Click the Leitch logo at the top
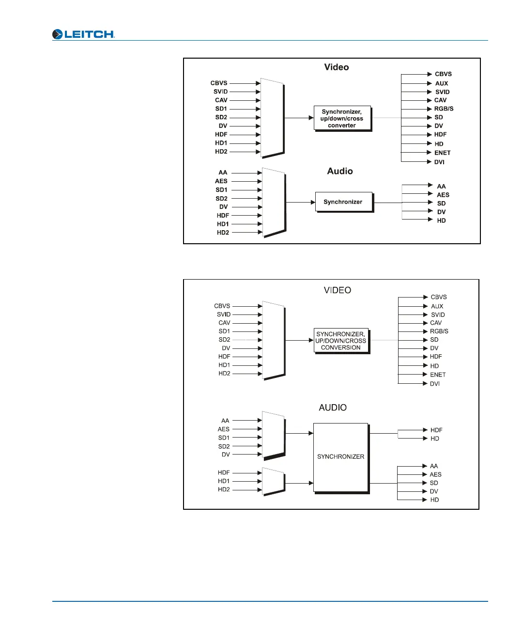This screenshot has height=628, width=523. point(83,34)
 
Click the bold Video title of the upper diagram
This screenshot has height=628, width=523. point(337,67)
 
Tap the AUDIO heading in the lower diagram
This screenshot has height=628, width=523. point(333,408)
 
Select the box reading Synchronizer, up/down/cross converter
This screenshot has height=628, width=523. point(342,118)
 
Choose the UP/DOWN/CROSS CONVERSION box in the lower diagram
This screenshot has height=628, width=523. point(341,341)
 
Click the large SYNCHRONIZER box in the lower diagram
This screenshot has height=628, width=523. point(341,457)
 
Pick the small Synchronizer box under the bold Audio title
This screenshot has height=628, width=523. point(343,202)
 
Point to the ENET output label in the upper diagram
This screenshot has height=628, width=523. point(442,153)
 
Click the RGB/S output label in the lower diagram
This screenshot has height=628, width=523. point(439,331)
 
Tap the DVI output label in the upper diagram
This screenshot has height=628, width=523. point(439,162)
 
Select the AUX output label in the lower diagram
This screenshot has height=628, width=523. point(437,306)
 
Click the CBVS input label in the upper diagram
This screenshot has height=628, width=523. point(219,83)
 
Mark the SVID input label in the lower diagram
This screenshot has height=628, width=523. point(224,314)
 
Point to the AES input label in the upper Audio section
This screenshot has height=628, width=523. point(221,181)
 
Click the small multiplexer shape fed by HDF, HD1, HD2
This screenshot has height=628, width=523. point(273,482)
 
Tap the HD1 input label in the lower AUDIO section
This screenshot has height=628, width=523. point(224,481)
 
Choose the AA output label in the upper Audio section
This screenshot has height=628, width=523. point(441,186)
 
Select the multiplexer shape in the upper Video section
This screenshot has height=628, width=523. point(272,118)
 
